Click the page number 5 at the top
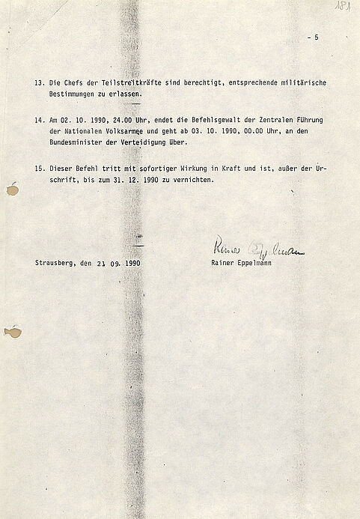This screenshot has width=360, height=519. pos(316,37)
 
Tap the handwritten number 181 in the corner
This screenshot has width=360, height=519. pos(344,7)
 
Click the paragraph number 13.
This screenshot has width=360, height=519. pos(39,82)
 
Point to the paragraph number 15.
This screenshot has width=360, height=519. pos(39,169)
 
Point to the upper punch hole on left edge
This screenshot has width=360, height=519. pos(12,189)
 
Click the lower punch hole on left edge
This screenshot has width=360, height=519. pos(12,331)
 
